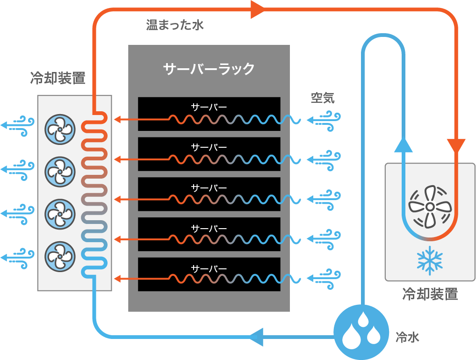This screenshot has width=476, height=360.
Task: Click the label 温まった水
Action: (174, 25)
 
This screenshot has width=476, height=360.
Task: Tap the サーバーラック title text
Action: (209, 69)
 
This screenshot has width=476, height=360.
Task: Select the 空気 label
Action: (323, 98)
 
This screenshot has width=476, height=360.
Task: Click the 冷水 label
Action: (407, 337)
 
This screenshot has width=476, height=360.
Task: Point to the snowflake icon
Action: (430, 260)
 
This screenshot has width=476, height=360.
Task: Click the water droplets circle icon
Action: (361, 332)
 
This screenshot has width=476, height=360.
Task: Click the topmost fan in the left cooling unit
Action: (60, 130)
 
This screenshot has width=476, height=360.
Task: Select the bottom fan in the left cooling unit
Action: (60, 257)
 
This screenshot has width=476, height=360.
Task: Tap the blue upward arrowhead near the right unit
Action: (403, 145)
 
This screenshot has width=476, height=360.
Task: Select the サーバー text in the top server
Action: (209, 107)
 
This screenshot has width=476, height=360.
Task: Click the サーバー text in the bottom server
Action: (209, 269)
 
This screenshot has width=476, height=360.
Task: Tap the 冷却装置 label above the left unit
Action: (58, 78)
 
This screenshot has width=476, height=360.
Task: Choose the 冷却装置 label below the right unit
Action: (430, 294)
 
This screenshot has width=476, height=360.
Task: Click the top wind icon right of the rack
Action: (324, 121)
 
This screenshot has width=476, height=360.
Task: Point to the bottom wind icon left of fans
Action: (18, 258)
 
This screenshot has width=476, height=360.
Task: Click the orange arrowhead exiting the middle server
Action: (117, 199)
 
